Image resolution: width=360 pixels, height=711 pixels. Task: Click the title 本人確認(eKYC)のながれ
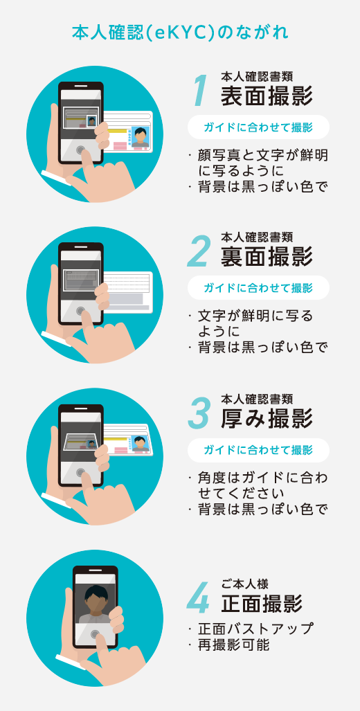[180, 33]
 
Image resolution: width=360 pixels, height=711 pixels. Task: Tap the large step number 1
[199, 91]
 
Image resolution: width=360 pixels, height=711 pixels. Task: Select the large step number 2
[199, 253]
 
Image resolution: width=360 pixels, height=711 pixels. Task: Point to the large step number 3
[199, 413]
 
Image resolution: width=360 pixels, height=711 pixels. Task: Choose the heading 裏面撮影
[267, 257]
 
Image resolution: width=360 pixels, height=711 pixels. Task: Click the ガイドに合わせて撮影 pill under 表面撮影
[258, 127]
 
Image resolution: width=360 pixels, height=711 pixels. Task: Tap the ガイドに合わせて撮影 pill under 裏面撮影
[258, 288]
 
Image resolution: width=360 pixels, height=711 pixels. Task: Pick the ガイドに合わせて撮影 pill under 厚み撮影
[258, 450]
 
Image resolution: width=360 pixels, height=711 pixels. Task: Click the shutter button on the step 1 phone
[82, 150]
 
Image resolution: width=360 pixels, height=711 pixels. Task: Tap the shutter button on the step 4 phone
[96, 634]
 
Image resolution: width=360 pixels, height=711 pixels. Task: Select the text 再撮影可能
[234, 645]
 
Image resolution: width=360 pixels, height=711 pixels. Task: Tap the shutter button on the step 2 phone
[82, 311]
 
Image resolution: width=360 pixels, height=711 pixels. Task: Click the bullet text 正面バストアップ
[255, 629]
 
